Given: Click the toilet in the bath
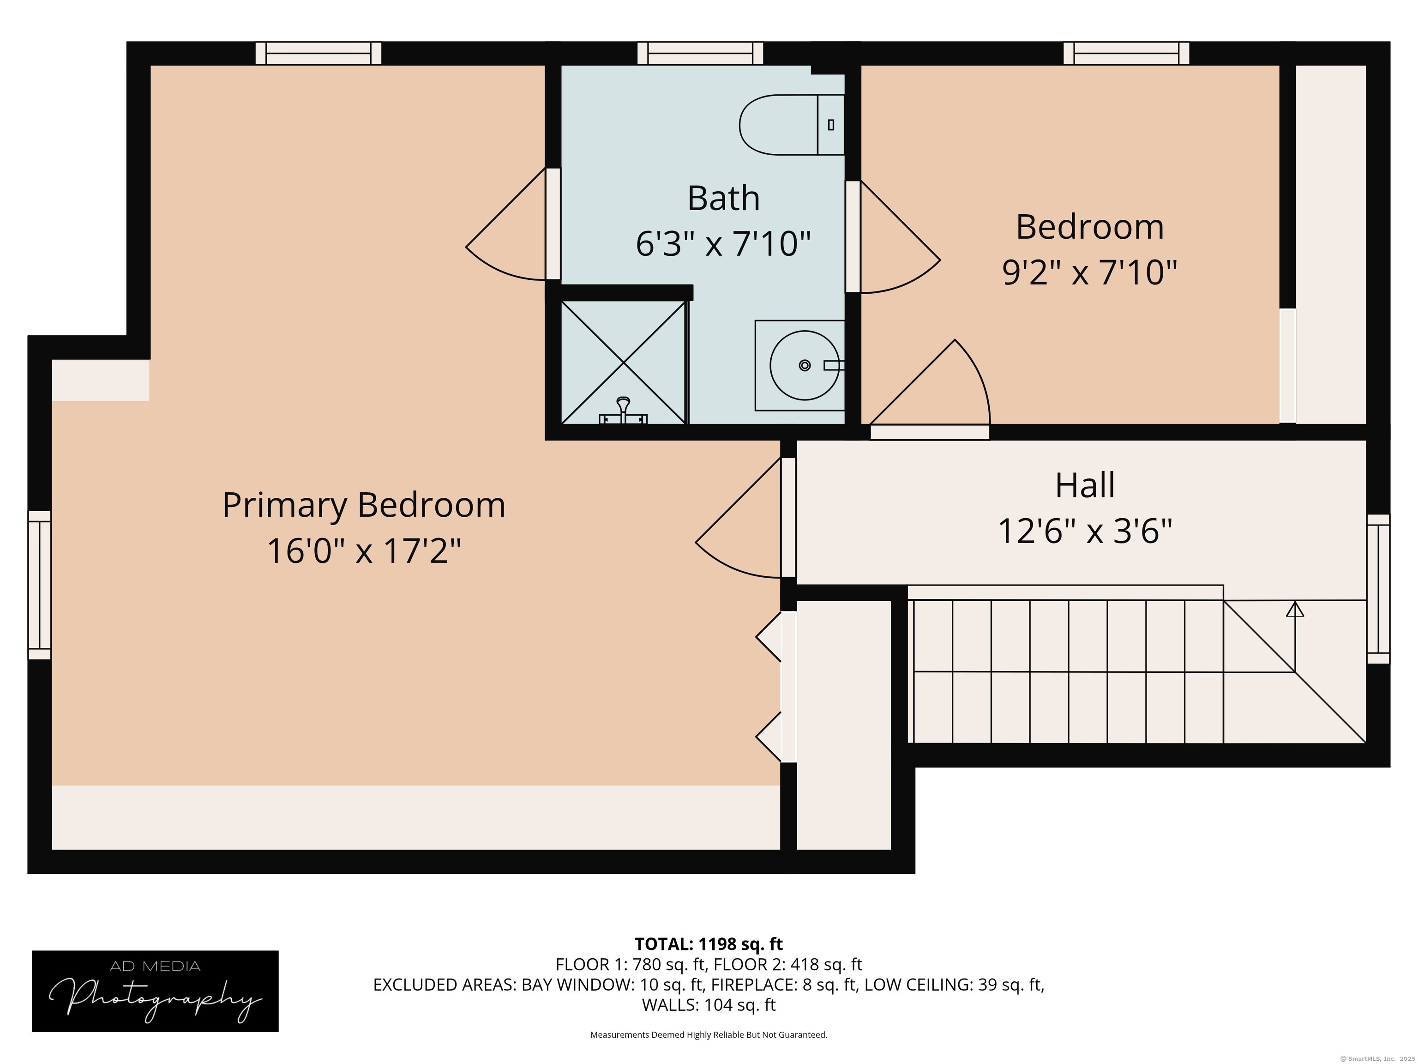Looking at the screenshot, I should (x=788, y=125).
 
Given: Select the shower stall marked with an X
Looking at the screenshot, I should (x=623, y=363).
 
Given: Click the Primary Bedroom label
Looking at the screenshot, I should (x=363, y=505).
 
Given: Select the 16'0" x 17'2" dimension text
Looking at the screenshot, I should (x=363, y=551).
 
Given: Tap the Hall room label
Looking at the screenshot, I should (x=1085, y=485).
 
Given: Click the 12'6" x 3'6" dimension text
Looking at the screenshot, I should (x=1085, y=532).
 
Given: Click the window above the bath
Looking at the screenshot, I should (x=700, y=53).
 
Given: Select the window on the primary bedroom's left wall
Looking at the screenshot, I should (x=39, y=585).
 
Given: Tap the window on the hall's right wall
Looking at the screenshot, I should (x=1378, y=589).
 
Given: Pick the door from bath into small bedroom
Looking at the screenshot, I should (x=853, y=237).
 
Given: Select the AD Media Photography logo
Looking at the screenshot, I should (x=155, y=991).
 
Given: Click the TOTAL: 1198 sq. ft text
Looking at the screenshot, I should (x=709, y=944).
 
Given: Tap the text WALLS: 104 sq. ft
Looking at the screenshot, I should (x=709, y=1005).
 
